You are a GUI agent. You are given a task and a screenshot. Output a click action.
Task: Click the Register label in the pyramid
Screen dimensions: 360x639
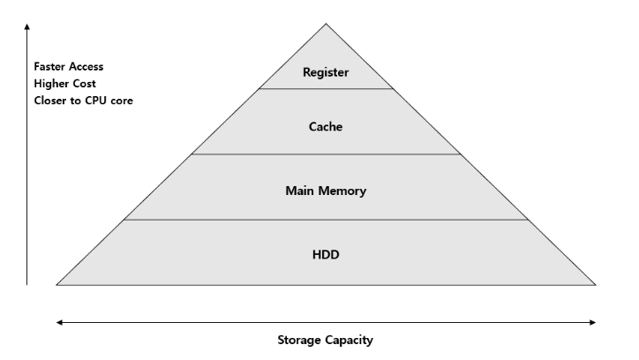(x=326, y=71)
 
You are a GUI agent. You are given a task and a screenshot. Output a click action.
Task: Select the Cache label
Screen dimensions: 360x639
(x=326, y=127)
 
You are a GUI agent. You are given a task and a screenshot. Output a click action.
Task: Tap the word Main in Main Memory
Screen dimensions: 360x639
(x=302, y=191)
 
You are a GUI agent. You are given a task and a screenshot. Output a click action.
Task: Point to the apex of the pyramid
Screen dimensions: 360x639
(x=326, y=25)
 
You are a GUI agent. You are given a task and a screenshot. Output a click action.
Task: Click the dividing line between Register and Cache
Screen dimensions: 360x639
(x=326, y=88)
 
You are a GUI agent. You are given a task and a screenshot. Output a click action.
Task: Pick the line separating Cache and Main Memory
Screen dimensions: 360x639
(x=326, y=154)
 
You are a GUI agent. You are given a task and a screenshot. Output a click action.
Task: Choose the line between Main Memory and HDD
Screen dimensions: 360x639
(x=326, y=220)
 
